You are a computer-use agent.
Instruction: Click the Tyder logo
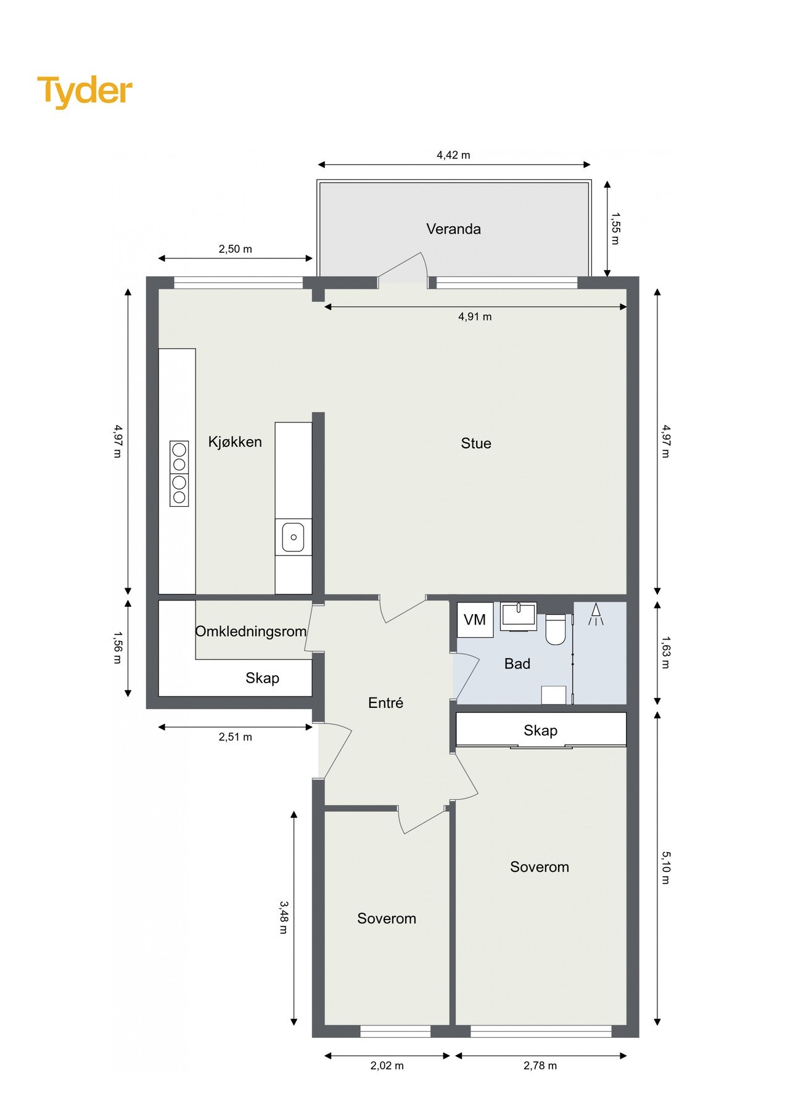click(84, 91)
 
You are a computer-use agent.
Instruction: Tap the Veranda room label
click(453, 229)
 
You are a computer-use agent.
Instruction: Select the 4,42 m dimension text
click(453, 155)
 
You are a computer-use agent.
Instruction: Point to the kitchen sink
click(293, 536)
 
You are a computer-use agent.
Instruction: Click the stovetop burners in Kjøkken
click(179, 473)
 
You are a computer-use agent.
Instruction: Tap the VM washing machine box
click(475, 620)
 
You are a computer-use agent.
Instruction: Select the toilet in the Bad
click(555, 629)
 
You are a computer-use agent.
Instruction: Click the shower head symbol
click(596, 614)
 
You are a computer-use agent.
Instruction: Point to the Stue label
click(476, 443)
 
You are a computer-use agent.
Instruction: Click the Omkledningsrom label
click(250, 631)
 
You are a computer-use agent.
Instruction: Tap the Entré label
click(385, 702)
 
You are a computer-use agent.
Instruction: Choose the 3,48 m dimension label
click(283, 917)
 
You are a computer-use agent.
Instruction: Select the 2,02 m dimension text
click(387, 1066)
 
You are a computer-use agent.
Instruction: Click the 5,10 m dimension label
click(665, 868)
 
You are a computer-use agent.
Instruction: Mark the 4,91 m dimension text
click(475, 316)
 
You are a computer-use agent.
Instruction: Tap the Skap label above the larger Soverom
click(540, 730)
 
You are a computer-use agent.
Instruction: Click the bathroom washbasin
click(518, 615)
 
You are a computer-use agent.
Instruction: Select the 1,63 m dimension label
click(665, 652)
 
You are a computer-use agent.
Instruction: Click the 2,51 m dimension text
click(235, 737)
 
